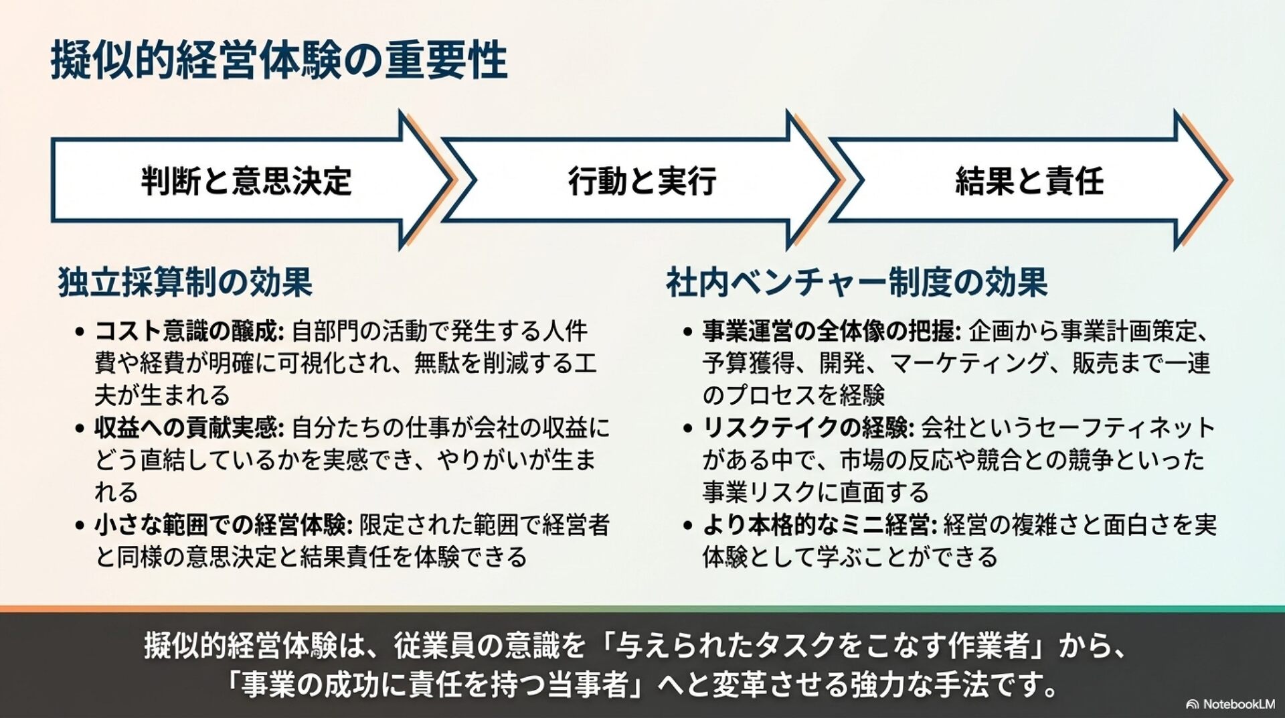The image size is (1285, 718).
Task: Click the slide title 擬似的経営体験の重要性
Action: (278, 61)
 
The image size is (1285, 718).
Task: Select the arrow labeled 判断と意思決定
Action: (246, 181)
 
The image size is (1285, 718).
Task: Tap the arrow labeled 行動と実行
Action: (641, 181)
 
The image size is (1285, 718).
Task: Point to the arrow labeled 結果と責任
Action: (1029, 181)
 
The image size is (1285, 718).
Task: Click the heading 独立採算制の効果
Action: (185, 282)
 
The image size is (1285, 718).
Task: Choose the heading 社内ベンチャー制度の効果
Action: (857, 282)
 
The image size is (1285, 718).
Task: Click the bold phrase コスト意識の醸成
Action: (190, 331)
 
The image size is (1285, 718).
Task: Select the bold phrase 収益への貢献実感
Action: (190, 427)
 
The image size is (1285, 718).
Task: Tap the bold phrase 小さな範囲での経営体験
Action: (223, 525)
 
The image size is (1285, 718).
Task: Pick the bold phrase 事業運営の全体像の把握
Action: (831, 331)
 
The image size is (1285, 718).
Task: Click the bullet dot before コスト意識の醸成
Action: (80, 332)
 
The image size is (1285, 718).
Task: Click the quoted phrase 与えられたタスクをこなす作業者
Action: (823, 646)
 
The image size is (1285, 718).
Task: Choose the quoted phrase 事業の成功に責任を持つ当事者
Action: (434, 685)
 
